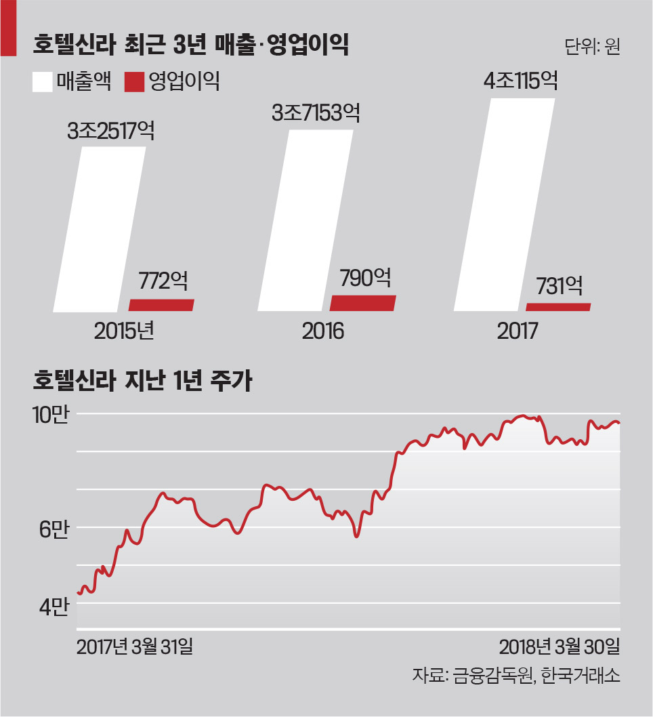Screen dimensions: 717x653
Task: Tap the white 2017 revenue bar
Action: [x=505, y=203]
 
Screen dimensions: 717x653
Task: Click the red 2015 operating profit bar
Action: [x=161, y=305]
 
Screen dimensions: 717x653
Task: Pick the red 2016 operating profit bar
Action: [x=362, y=303]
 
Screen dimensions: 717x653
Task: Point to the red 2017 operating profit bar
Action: [x=558, y=307]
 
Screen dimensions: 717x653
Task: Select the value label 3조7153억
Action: [x=316, y=112]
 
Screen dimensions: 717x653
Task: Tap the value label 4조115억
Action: [x=520, y=82]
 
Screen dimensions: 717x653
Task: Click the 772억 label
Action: [x=163, y=281]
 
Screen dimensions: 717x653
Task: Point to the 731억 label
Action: [x=560, y=285]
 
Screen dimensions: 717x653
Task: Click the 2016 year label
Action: [x=323, y=331]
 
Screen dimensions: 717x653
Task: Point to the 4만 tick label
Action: [x=54, y=607]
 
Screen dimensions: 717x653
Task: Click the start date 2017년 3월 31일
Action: [x=135, y=647]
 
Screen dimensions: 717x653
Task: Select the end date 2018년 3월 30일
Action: [x=560, y=647]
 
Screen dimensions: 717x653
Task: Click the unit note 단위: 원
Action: [x=591, y=48]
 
